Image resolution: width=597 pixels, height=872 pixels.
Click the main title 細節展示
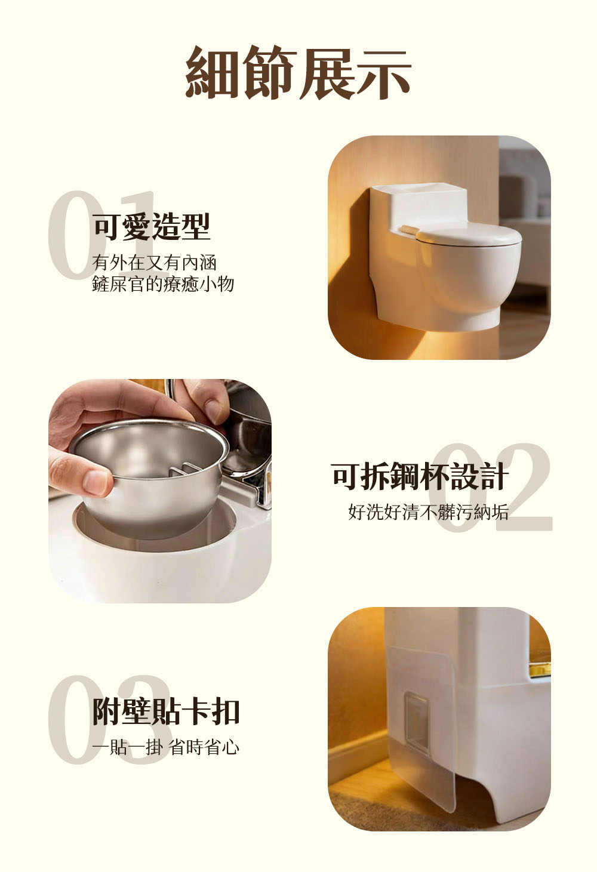point(298,72)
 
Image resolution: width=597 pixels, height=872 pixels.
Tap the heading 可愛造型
point(152,227)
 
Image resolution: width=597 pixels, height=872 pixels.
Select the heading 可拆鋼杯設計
point(420,476)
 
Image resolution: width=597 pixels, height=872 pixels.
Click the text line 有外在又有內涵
point(154,263)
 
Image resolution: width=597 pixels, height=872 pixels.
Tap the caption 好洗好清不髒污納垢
point(429,512)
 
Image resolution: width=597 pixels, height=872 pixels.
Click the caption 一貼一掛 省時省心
point(165,747)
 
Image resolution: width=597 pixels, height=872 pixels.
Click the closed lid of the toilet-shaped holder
point(469,235)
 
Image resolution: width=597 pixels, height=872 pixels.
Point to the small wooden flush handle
point(408,230)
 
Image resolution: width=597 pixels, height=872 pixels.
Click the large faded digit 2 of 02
point(522,487)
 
